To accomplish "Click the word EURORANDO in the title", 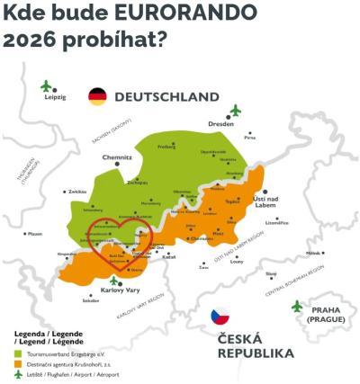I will [179, 14].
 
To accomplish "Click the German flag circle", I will [97, 97].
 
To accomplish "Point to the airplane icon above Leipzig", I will [46, 85].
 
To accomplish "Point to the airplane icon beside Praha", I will [298, 307].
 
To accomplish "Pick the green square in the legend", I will [18, 354].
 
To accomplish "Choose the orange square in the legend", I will [18, 364].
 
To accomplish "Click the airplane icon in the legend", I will [18, 374].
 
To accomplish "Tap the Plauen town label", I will [34, 234].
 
